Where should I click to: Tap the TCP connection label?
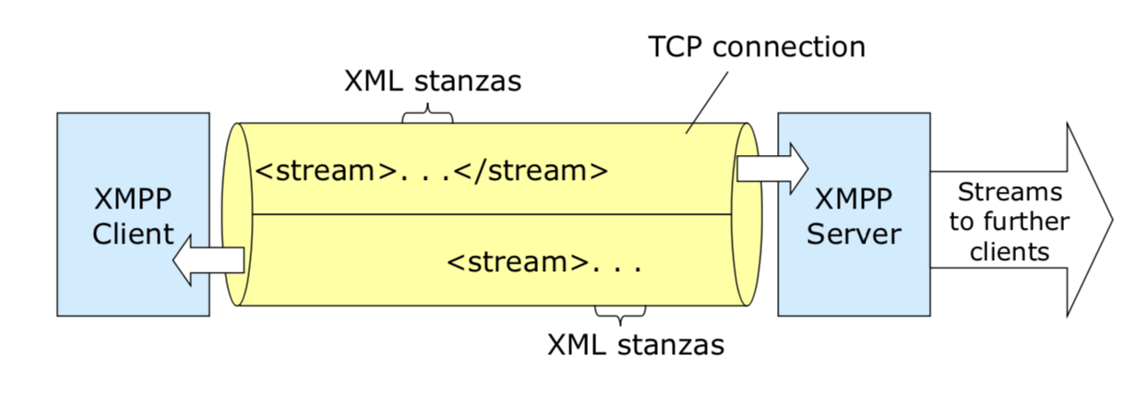757,46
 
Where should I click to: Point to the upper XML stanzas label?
432,81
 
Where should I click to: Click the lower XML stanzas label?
636,345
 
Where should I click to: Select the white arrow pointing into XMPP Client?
209,260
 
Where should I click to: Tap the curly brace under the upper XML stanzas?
428,115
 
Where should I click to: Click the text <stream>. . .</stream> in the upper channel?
431,171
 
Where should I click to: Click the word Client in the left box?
133,233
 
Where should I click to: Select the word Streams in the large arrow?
1010,193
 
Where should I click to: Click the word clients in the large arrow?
1010,251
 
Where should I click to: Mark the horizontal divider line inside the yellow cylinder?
489,214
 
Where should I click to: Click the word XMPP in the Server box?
854,200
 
